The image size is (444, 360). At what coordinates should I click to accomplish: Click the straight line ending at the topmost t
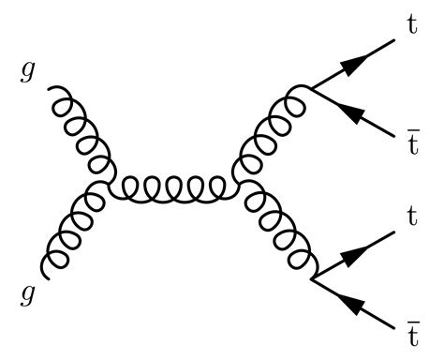370,55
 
